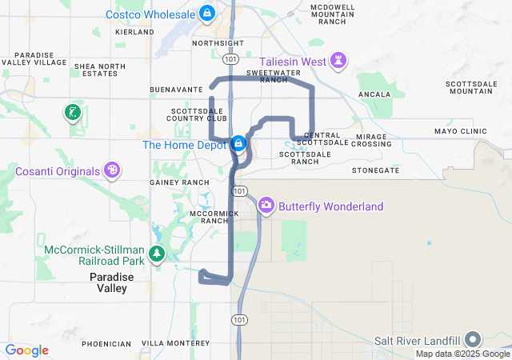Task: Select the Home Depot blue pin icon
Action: point(238,144)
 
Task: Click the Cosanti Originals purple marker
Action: point(112,170)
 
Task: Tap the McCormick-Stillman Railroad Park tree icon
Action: point(158,254)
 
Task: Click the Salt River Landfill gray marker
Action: point(472,339)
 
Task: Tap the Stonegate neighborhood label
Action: point(375,170)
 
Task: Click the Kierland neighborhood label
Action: point(134,32)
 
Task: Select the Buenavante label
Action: point(177,90)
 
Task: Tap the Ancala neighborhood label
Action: point(374,94)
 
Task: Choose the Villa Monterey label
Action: point(175,343)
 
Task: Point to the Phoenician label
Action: point(106,344)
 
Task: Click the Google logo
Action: point(26,350)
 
